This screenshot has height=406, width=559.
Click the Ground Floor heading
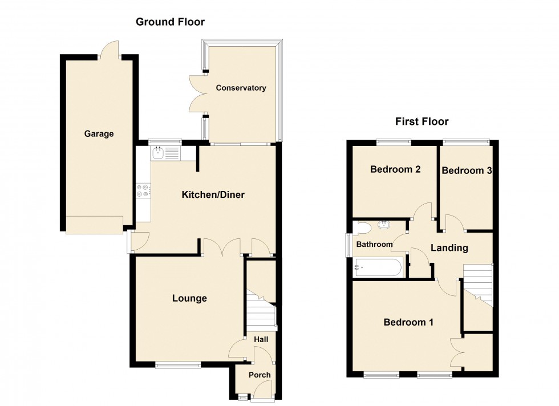[x=169, y=22]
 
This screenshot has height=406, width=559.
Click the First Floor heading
[x=422, y=121]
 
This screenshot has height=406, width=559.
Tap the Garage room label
[x=99, y=134]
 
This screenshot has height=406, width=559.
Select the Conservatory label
[x=241, y=88]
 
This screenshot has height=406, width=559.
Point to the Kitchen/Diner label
[x=213, y=195]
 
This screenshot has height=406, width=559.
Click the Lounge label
[x=189, y=298]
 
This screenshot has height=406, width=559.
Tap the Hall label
[x=261, y=339]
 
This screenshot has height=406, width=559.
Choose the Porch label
[x=260, y=375]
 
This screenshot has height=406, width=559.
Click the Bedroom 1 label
[x=408, y=322]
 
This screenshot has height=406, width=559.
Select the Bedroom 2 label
[x=395, y=169]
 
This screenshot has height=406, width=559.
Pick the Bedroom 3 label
[x=467, y=170]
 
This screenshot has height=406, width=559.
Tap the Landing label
[x=449, y=248]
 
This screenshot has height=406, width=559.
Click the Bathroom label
[x=374, y=245]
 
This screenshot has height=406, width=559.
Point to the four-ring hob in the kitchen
[x=143, y=191]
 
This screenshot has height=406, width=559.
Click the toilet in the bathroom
[x=362, y=229]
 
